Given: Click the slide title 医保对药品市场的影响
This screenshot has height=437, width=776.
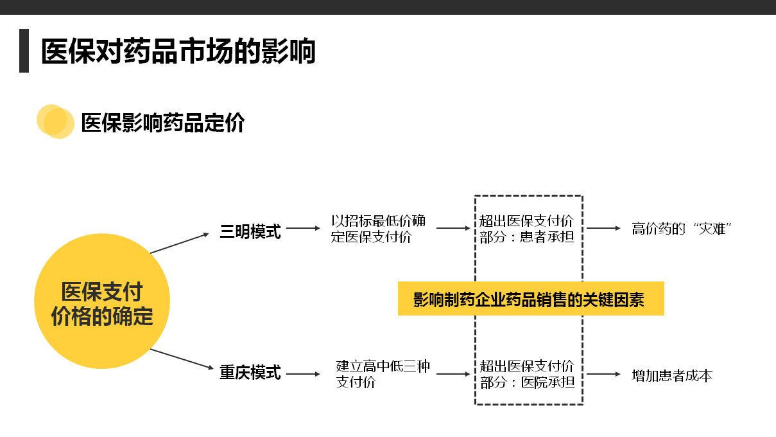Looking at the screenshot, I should (x=178, y=51).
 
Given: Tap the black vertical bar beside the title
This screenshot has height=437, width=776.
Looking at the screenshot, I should (x=24, y=50).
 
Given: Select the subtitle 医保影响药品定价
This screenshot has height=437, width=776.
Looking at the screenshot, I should (x=163, y=122).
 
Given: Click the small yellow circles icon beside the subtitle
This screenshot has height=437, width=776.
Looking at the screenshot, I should (x=55, y=121).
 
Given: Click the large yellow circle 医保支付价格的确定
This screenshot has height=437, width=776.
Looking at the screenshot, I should (x=101, y=302).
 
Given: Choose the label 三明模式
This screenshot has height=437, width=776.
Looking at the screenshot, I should (x=250, y=232).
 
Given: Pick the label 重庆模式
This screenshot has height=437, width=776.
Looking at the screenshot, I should (x=250, y=373).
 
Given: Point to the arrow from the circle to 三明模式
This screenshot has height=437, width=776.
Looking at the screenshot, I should (x=180, y=243).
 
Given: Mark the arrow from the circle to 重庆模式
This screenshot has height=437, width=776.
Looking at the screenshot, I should (x=181, y=359).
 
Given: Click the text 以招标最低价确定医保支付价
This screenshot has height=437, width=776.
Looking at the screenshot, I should (x=378, y=229).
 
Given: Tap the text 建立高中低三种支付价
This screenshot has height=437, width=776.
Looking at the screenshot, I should (x=383, y=374).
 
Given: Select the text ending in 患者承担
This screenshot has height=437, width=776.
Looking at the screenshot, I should (x=527, y=229).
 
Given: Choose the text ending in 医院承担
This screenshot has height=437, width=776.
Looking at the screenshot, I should (x=527, y=374).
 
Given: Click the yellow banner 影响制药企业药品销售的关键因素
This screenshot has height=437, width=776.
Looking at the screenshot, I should (x=530, y=299).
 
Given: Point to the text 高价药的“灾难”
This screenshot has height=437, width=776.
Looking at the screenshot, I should (x=682, y=229).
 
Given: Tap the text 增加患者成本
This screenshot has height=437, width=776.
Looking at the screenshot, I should (x=672, y=375).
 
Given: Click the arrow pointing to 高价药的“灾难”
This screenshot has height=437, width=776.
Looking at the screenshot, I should (x=603, y=228).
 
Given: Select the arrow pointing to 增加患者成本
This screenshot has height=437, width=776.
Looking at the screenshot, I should (x=603, y=374).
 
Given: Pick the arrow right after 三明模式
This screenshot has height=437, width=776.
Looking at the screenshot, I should (x=303, y=228).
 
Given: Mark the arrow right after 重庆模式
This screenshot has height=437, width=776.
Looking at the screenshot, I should (x=303, y=374).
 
